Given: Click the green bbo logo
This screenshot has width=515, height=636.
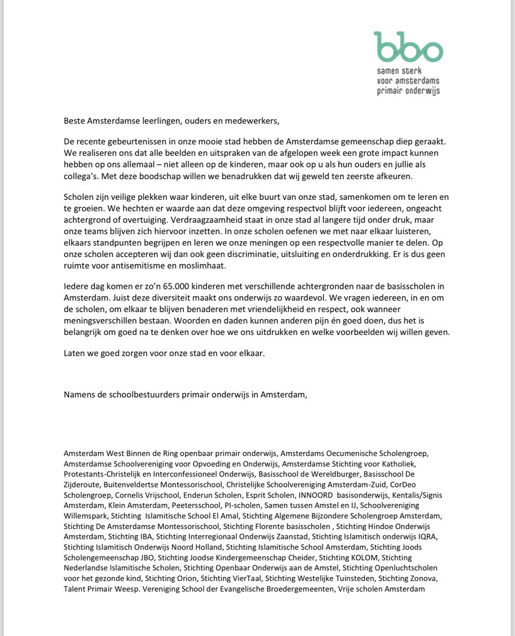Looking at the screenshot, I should [x=407, y=47].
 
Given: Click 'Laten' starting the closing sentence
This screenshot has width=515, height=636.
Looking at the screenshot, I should [x=75, y=352].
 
